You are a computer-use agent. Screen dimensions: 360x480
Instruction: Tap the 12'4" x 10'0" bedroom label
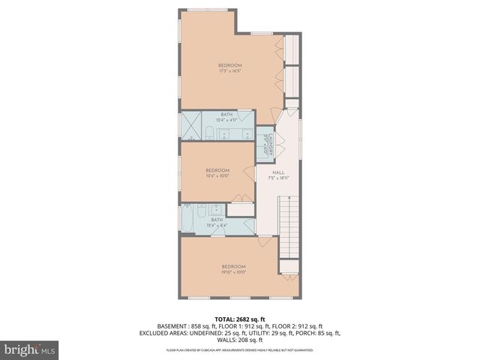coord(217,173)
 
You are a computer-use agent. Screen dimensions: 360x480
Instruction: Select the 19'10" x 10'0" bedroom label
coord(232,269)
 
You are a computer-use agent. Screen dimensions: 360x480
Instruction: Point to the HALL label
coord(279,175)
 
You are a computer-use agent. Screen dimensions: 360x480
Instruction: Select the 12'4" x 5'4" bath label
coord(217,223)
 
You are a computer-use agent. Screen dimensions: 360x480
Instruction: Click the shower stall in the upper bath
coord(190,128)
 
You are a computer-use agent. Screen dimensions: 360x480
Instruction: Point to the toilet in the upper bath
coord(209,133)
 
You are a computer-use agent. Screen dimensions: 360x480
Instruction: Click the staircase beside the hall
coord(289,226)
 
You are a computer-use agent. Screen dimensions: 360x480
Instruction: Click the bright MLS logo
coord(29,350)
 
